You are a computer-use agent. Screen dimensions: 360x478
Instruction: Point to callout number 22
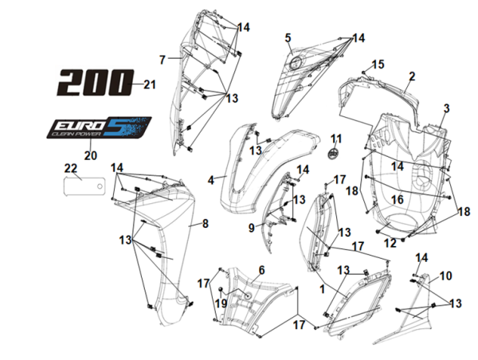(70, 167)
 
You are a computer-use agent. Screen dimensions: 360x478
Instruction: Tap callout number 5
(288, 37)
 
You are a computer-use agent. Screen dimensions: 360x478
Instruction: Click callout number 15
(378, 64)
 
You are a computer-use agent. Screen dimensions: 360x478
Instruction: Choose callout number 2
(412, 76)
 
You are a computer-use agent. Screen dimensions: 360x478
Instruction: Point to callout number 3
(447, 108)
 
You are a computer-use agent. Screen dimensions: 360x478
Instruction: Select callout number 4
(211, 181)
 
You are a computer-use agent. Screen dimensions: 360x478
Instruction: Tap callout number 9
(251, 227)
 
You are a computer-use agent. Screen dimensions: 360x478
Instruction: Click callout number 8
(205, 225)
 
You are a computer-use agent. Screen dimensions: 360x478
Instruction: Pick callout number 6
(260, 271)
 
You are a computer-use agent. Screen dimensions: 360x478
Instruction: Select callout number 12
(390, 242)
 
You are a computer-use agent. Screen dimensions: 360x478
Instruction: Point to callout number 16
(396, 199)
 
